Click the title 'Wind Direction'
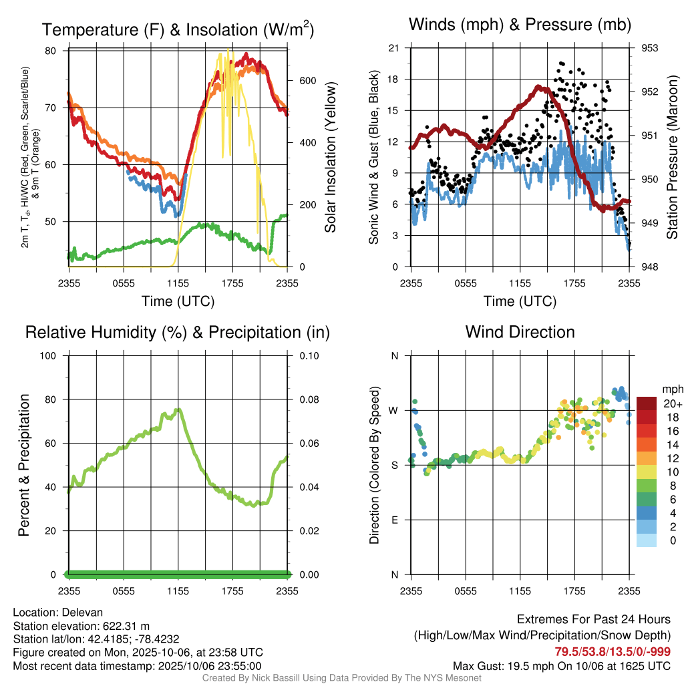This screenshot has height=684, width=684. [520, 332]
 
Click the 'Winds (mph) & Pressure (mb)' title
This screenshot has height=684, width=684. [520, 25]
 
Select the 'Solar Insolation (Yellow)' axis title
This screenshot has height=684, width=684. [330, 158]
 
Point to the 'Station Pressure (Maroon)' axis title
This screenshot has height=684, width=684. [672, 158]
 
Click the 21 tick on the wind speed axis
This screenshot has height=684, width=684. [393, 48]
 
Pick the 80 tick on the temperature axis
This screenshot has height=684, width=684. [51, 51]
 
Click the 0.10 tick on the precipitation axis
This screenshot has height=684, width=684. [308, 355]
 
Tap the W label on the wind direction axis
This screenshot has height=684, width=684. [393, 410]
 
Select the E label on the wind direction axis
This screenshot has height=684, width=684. [394, 520]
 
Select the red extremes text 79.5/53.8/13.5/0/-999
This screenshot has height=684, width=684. [613, 652]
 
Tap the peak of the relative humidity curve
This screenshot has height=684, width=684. [178, 410]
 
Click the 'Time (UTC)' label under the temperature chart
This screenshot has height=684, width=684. [178, 301]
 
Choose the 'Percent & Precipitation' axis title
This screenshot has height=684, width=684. [25, 465]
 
